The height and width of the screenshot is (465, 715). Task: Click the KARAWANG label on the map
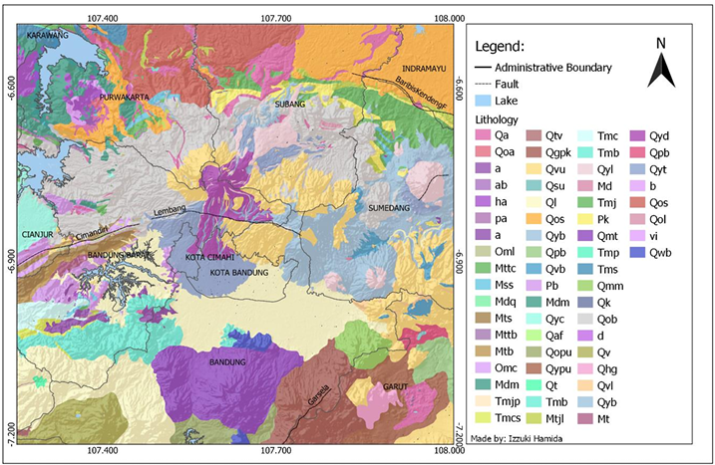47,35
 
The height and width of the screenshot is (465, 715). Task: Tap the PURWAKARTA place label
124,98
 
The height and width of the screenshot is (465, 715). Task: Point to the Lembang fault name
171,212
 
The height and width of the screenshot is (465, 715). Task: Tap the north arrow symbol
660,65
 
